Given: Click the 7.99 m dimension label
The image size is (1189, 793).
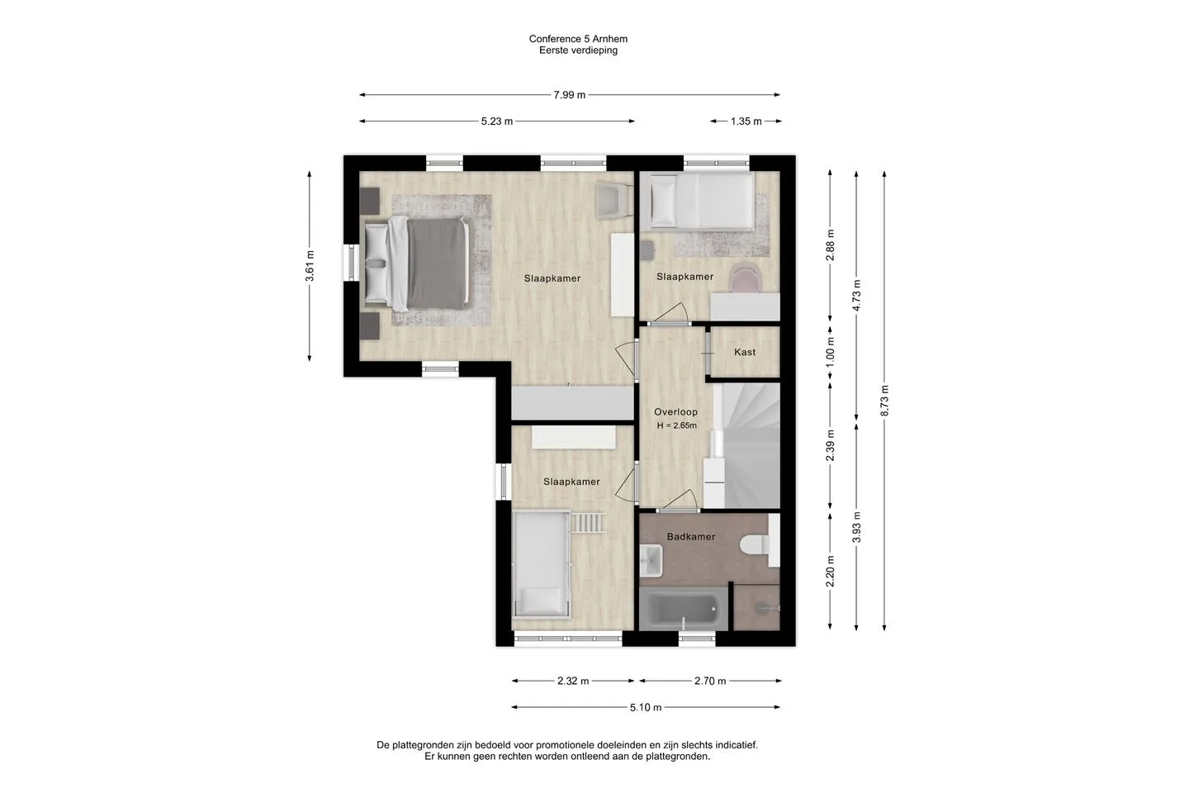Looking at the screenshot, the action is click(x=569, y=95).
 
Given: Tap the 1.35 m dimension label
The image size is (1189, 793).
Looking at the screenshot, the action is click(x=746, y=121).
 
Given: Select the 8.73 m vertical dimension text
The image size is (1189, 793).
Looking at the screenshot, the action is click(x=884, y=401).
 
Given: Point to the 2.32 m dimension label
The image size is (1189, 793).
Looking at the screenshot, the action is click(x=573, y=681).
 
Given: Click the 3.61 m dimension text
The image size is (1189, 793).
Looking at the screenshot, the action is click(x=310, y=266).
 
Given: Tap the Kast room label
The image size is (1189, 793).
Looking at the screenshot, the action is click(x=745, y=352).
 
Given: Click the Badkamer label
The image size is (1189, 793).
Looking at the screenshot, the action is click(x=691, y=536).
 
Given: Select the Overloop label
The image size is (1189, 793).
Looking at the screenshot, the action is click(x=675, y=411).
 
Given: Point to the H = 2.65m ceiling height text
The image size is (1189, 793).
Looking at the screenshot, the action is click(x=677, y=425).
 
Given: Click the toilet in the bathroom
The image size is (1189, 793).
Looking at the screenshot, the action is click(x=755, y=544).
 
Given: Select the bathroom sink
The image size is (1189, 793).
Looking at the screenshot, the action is click(x=651, y=561).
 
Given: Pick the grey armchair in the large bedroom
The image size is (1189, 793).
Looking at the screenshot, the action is click(x=614, y=201).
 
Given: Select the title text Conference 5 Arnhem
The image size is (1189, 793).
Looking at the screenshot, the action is click(x=578, y=39).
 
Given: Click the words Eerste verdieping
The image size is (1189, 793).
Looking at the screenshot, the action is click(x=578, y=50).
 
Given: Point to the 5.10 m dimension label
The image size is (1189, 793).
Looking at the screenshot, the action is click(x=646, y=707).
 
